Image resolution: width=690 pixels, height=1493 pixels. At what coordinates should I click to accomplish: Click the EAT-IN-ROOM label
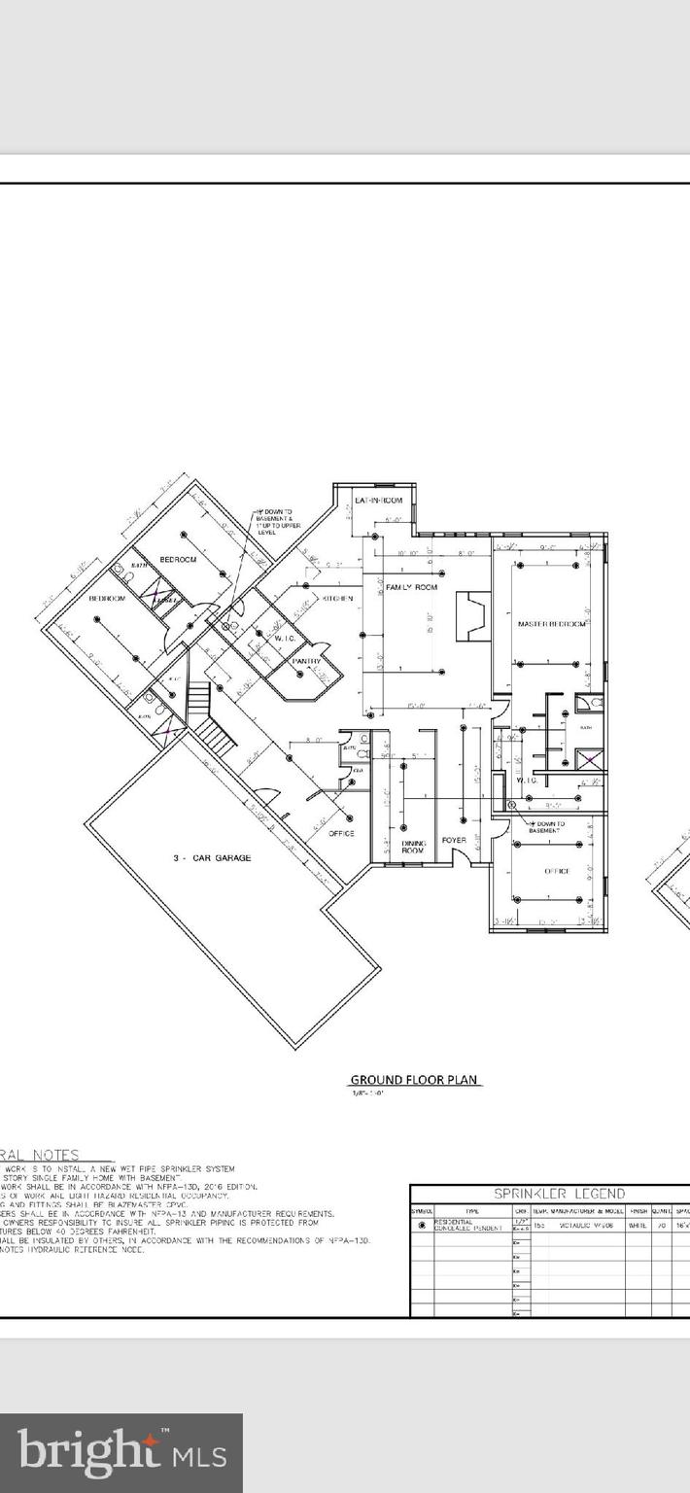(x=378, y=500)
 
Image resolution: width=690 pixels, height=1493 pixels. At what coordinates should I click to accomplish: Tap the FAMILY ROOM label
(x=411, y=588)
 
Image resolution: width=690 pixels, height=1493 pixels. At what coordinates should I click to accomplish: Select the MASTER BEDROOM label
(x=551, y=624)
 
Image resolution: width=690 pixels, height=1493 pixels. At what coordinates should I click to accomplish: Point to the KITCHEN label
(x=337, y=599)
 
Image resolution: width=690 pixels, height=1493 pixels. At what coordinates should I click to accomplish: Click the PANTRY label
(x=308, y=662)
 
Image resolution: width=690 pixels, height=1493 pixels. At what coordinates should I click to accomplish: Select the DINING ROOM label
(x=413, y=847)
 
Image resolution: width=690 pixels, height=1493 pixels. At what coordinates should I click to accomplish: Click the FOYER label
(x=454, y=840)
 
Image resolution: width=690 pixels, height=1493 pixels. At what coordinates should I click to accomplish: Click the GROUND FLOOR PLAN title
(x=415, y=1080)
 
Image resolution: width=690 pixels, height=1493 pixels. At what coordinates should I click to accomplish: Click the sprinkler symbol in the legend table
(x=422, y=1226)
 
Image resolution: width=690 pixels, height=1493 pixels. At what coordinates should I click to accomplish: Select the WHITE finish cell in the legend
(x=638, y=1226)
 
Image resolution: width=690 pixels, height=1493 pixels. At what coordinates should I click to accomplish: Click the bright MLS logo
(x=121, y=1452)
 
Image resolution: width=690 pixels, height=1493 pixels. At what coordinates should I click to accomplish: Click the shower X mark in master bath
(x=586, y=760)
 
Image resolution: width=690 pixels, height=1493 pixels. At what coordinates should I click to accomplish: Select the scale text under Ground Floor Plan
(x=368, y=1094)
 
